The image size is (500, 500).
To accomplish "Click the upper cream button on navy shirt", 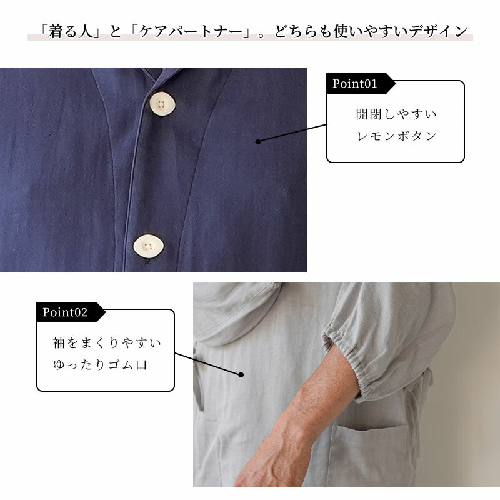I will tap(162, 103).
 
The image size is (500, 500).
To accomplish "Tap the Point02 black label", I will tap(66, 312).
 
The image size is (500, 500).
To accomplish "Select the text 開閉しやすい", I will tap(396, 114).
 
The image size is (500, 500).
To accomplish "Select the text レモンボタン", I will tap(396, 136).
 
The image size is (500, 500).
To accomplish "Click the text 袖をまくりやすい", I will tap(106, 343).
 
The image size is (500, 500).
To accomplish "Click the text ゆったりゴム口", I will tap(100, 364).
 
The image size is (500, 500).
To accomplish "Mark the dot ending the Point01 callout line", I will tap(258, 142).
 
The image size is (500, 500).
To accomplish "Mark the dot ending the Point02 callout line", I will tap(241, 375).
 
